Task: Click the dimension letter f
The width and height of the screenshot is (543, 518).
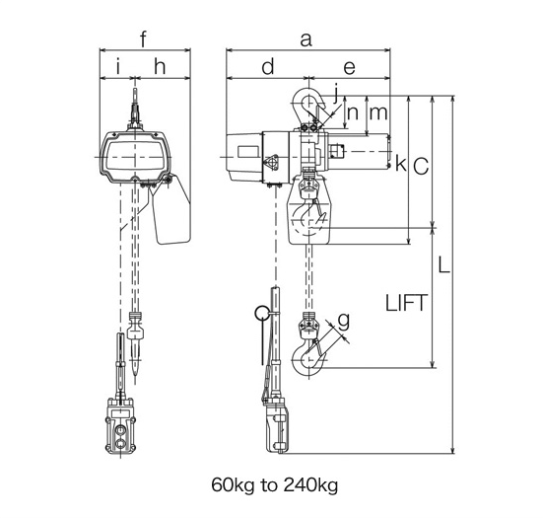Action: point(144,39)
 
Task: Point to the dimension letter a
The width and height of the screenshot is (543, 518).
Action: point(305,39)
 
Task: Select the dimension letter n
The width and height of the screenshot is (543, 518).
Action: point(353,112)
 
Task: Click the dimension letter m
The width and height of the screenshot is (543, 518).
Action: point(377,112)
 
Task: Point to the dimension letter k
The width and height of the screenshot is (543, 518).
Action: point(400,164)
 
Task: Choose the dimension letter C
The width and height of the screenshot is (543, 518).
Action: point(420,167)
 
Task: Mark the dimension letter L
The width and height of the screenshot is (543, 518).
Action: point(444,267)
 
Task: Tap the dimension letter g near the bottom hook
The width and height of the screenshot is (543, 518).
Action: point(343,320)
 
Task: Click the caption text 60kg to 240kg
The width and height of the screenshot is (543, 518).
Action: point(273,485)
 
